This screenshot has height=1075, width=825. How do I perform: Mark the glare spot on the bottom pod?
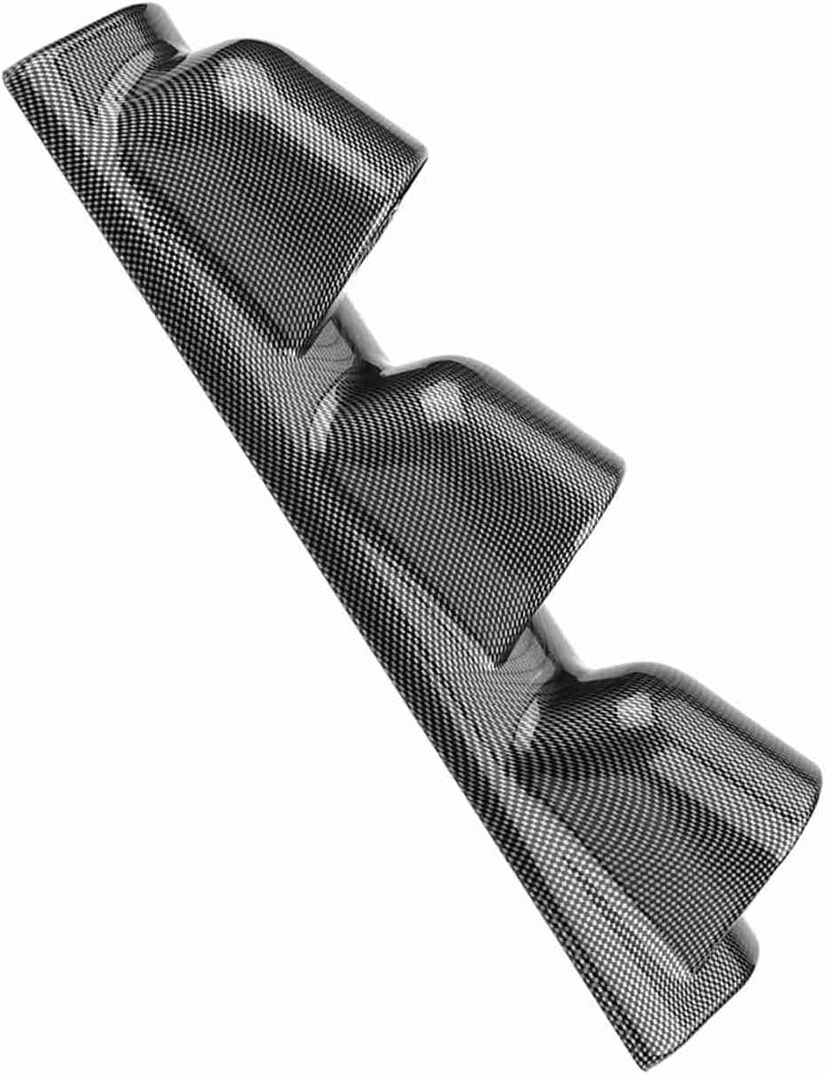click(x=634, y=709)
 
